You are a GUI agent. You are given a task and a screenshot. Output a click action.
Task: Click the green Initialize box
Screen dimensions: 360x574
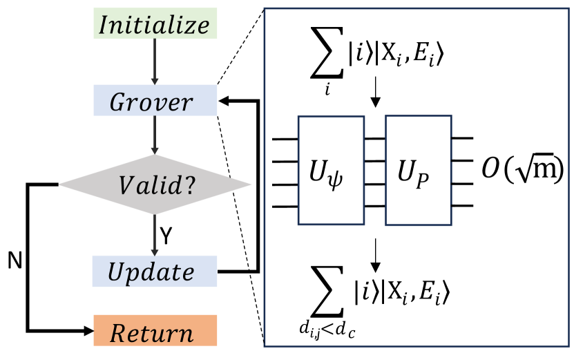155,24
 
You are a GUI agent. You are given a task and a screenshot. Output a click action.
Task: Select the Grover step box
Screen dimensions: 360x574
155,101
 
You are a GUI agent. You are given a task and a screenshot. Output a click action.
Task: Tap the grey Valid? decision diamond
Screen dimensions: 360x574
155,184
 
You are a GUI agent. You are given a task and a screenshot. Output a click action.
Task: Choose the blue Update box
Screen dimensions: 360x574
154,271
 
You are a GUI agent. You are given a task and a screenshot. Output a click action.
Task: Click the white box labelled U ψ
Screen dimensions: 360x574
331,170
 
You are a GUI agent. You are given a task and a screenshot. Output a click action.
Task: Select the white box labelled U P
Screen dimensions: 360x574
418,170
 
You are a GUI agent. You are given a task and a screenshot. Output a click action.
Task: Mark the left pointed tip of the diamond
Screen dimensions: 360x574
59,184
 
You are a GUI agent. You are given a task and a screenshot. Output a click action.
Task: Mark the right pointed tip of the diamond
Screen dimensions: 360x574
251,184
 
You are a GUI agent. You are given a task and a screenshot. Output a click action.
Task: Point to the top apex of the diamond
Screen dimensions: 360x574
154,155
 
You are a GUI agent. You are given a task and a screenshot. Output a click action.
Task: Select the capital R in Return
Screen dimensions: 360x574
118,334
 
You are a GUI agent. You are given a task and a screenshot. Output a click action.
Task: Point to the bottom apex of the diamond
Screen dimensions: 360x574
154,214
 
